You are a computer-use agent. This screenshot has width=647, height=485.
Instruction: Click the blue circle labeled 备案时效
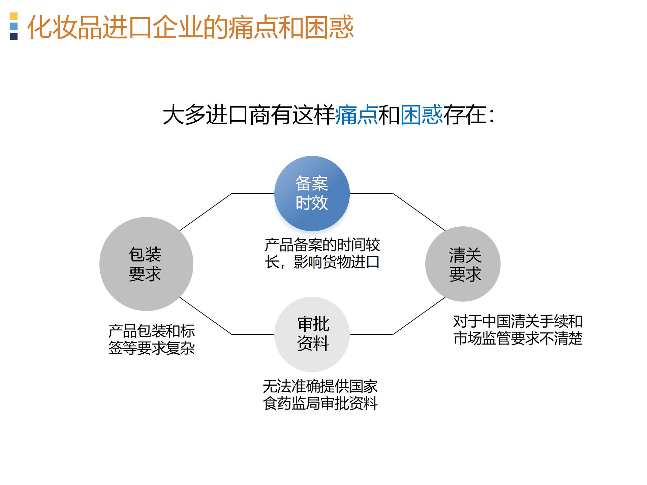pos(312,194)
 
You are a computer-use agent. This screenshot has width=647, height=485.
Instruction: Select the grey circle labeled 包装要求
pos(146,264)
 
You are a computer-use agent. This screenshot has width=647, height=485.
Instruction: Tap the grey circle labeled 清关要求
pos(463,264)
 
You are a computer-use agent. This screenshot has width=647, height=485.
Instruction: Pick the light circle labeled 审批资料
pos(312,334)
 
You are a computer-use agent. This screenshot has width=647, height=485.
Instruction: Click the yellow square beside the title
pos(14,16)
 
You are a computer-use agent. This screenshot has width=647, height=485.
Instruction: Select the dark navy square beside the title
pos(14,36)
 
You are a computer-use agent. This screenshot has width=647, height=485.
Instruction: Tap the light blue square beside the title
pos(14,26)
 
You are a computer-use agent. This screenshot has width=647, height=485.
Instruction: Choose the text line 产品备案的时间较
pos(322,245)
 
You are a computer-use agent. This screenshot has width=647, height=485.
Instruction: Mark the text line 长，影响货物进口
pos(322,262)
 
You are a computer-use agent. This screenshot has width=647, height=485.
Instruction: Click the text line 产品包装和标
pos(152,331)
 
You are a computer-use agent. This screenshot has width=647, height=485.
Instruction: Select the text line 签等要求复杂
pos(152,348)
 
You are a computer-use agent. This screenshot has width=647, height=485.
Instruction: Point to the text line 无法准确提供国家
pos(320,386)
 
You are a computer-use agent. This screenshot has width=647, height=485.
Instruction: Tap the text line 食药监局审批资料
pos(320,403)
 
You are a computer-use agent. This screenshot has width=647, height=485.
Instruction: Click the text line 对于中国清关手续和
pos(518,321)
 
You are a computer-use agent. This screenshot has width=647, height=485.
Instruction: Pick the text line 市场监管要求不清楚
pos(518,338)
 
